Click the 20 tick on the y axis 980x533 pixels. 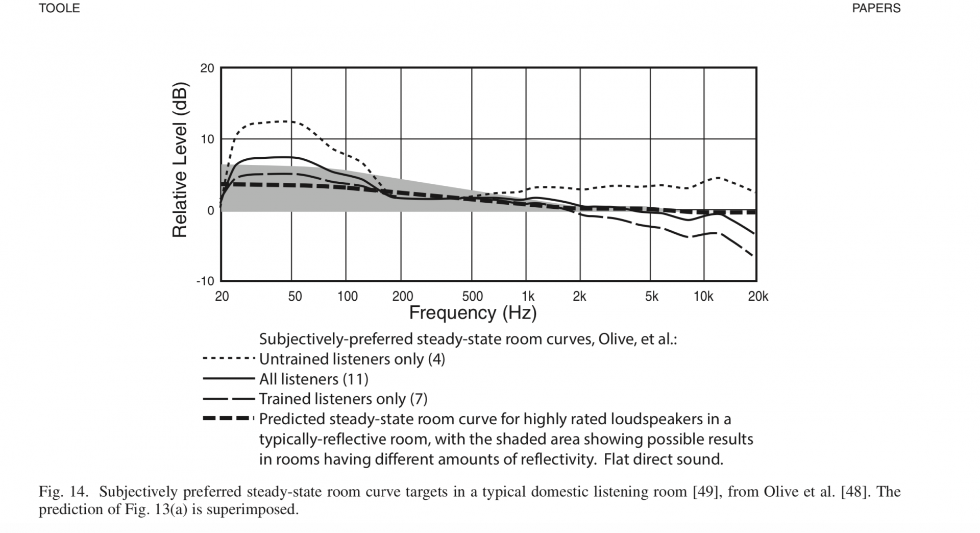click(x=207, y=68)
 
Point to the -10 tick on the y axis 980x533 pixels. click(x=205, y=281)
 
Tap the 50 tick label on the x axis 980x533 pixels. click(x=295, y=297)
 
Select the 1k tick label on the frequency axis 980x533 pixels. click(x=528, y=297)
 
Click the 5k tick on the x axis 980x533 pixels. click(x=651, y=297)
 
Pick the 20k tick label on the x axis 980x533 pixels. click(x=758, y=297)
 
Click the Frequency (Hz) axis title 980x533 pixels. click(x=473, y=312)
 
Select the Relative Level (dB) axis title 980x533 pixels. click(x=180, y=160)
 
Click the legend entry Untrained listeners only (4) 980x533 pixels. click(x=352, y=359)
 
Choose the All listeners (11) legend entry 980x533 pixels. click(x=313, y=379)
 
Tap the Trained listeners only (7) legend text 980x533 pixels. click(x=343, y=399)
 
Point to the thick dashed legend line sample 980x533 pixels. click(x=228, y=419)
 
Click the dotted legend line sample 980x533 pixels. click(x=228, y=359)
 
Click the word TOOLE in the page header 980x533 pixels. click(x=59, y=8)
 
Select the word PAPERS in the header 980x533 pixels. click(x=876, y=8)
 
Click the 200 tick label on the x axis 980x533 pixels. click(x=402, y=297)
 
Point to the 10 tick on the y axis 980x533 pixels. click(x=207, y=139)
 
